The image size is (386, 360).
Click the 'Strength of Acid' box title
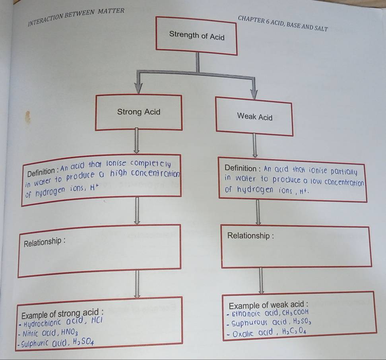coord(197,36)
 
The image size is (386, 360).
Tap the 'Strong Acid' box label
coord(139,112)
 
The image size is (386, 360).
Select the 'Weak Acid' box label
coord(254,117)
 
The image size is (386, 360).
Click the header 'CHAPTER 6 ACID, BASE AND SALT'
coord(283,24)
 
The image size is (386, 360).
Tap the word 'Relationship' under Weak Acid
coord(250,235)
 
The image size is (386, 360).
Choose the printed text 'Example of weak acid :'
coord(269,304)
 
